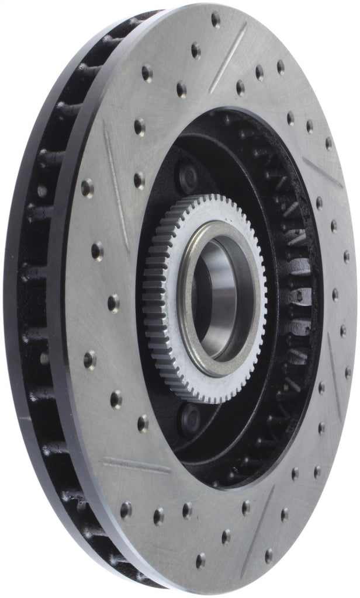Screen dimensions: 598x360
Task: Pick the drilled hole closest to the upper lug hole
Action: pyautogui.click(x=139, y=179)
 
